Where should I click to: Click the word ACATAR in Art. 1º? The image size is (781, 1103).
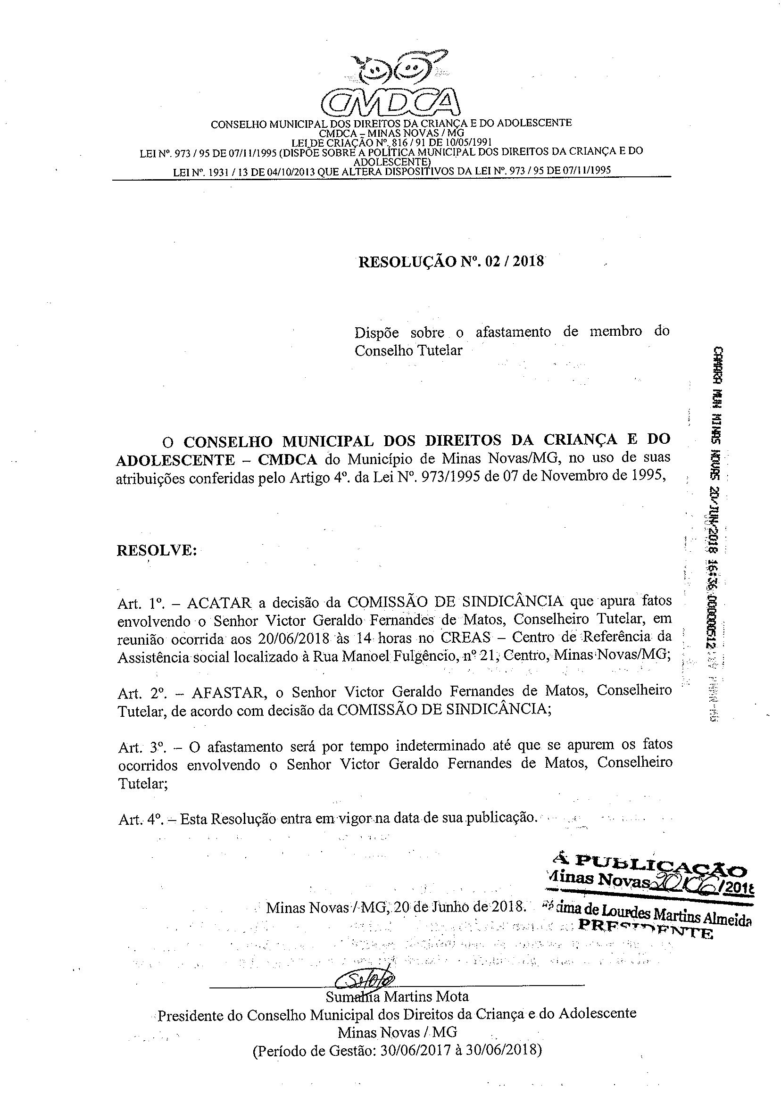click(219, 602)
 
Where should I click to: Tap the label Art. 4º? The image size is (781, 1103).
click(140, 819)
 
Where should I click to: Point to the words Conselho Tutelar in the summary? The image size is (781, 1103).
click(408, 350)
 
